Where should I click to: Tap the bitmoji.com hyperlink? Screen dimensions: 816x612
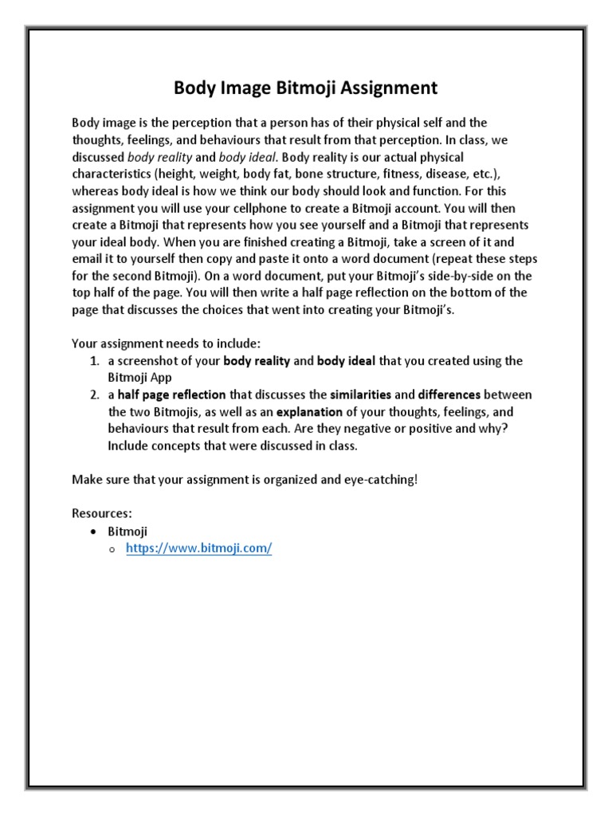[199, 550]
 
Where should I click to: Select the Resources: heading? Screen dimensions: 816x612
[102, 514]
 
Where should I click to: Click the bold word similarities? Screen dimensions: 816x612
[360, 394]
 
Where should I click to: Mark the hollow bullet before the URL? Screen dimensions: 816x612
[112, 551]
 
